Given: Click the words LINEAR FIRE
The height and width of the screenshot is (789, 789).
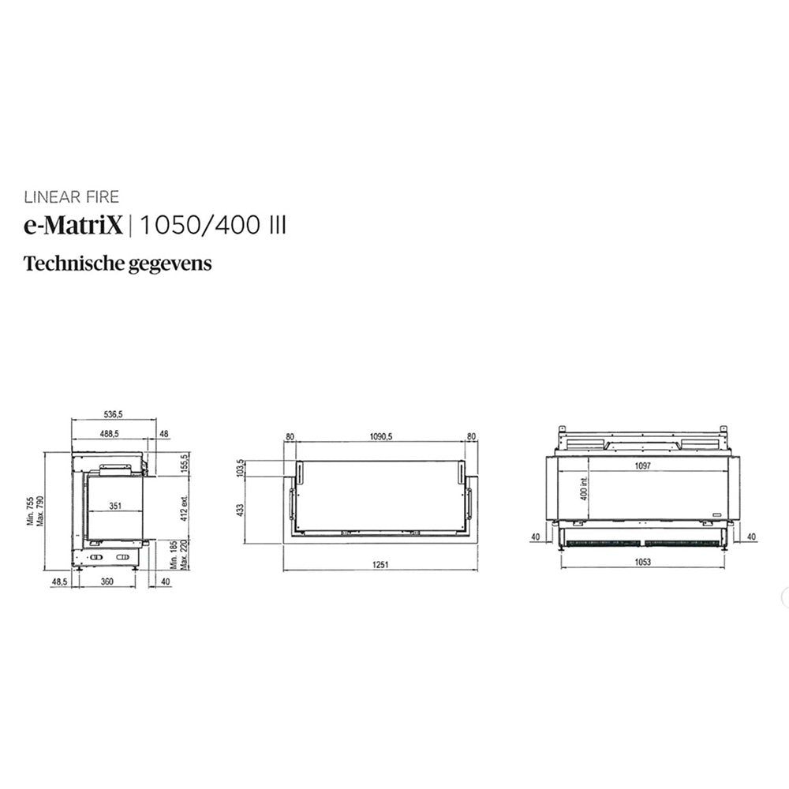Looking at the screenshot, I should pos(72,197).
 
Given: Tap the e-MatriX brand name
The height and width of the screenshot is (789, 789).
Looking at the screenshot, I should pos(74,226).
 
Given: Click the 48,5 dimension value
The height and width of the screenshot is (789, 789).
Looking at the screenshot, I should pos(59,581).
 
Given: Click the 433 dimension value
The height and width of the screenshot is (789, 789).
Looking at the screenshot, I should pos(241,509).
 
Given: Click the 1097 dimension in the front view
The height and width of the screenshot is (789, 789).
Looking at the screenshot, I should pos(642,466).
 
